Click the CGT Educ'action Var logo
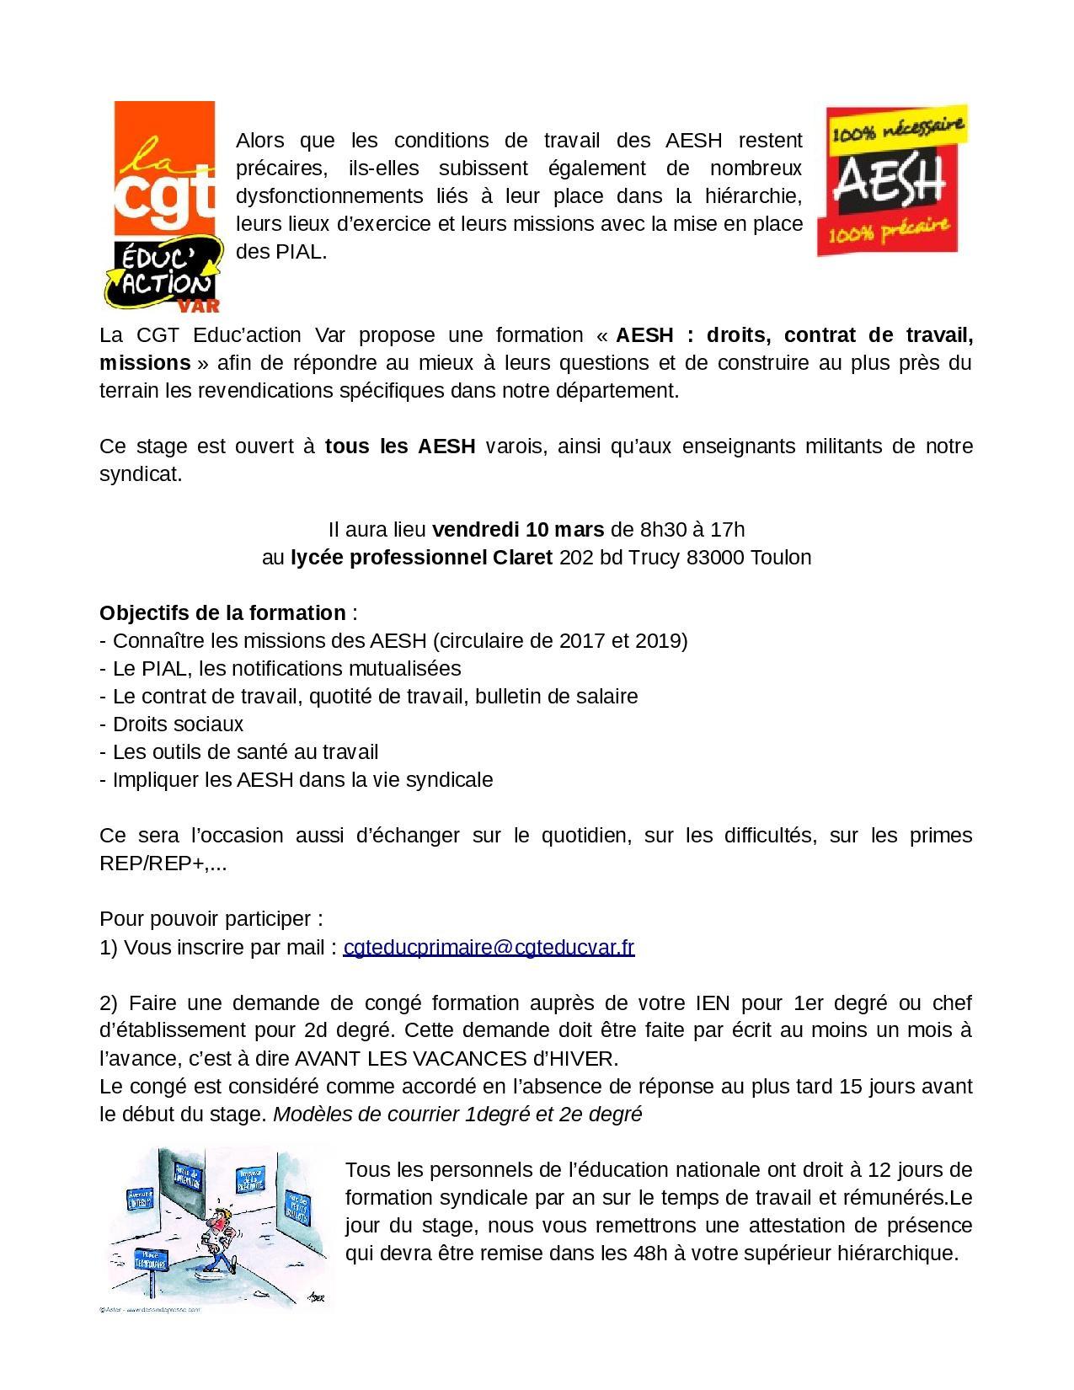[x=166, y=206]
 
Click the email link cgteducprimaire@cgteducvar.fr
[x=489, y=947]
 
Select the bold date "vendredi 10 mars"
[x=517, y=529]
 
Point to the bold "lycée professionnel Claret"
[x=421, y=557]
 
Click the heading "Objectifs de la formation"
[x=222, y=612]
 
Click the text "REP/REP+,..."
[x=163, y=863]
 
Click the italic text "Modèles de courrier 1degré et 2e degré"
[x=457, y=1114]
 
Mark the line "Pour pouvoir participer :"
[x=211, y=918]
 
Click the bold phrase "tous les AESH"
[x=400, y=446]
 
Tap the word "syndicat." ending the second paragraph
[x=141, y=473]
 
